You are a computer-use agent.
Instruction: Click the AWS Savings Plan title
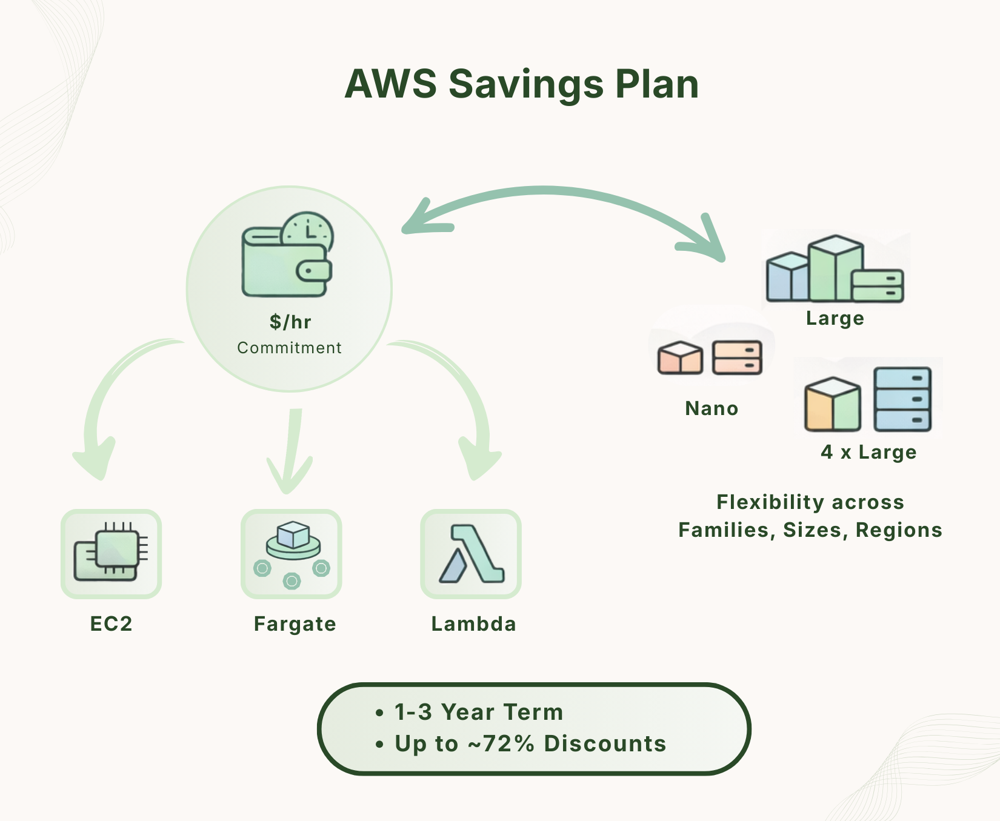pyautogui.click(x=522, y=84)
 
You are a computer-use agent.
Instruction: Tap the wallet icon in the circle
pyautogui.click(x=282, y=264)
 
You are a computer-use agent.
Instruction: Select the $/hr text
pyautogui.click(x=290, y=322)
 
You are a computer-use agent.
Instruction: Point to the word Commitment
pyautogui.click(x=289, y=348)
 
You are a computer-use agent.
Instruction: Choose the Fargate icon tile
pyautogui.click(x=292, y=554)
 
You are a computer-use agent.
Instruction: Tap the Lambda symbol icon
pyautogui.click(x=471, y=554)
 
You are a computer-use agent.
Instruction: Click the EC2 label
pyautogui.click(x=111, y=623)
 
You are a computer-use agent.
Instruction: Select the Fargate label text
pyautogui.click(x=295, y=623)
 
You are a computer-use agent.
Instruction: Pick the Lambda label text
pyautogui.click(x=473, y=623)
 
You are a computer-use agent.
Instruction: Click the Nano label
pyautogui.click(x=712, y=408)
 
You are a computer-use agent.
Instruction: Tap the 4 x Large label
pyautogui.click(x=868, y=452)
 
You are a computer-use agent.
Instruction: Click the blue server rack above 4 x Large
pyautogui.click(x=902, y=399)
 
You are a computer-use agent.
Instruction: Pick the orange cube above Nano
pyautogui.click(x=680, y=358)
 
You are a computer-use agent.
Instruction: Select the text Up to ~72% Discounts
pyautogui.click(x=530, y=743)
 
